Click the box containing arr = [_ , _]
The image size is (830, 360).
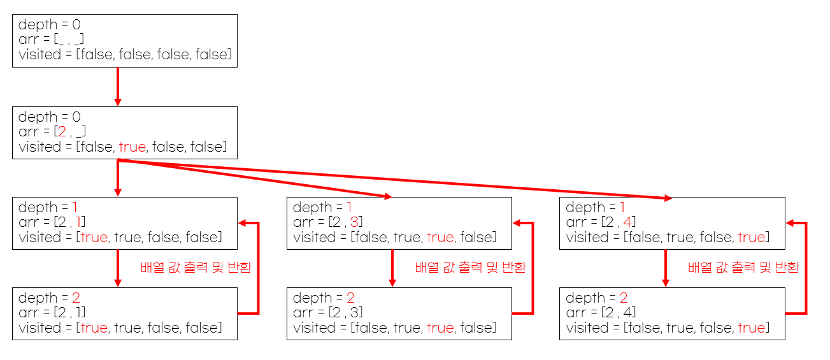[x=125, y=40]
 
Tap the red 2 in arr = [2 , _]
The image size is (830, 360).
[x=62, y=133]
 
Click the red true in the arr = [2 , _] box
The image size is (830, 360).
[x=132, y=147]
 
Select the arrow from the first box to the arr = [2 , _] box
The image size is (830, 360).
[x=118, y=86]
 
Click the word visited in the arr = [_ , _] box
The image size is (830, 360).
[x=39, y=55]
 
